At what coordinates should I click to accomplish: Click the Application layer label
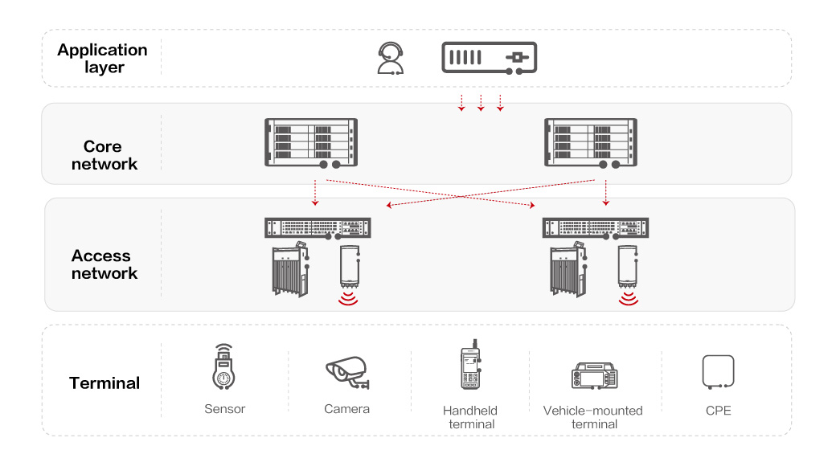pyautogui.click(x=102, y=59)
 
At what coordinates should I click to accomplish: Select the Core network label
pyautogui.click(x=104, y=155)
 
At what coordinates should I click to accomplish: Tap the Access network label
pyautogui.click(x=104, y=264)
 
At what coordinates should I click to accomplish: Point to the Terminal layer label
pyautogui.click(x=104, y=383)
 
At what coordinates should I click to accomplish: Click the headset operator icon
pyautogui.click(x=390, y=59)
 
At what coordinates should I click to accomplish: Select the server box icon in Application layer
pyautogui.click(x=489, y=58)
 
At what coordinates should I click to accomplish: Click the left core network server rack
pyautogui.click(x=310, y=143)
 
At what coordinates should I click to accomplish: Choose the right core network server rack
pyautogui.click(x=591, y=143)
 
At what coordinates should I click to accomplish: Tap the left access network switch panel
pyautogui.click(x=318, y=227)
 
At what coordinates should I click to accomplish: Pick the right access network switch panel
pyautogui.click(x=596, y=227)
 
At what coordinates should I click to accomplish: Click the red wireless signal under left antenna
pyautogui.click(x=348, y=300)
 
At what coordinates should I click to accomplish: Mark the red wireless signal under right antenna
pyautogui.click(x=628, y=300)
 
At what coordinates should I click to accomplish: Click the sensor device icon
pyautogui.click(x=224, y=368)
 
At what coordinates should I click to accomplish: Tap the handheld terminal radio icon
pyautogui.click(x=470, y=370)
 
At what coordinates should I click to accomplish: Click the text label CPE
pyautogui.click(x=718, y=410)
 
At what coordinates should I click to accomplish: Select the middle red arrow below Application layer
pyautogui.click(x=481, y=102)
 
